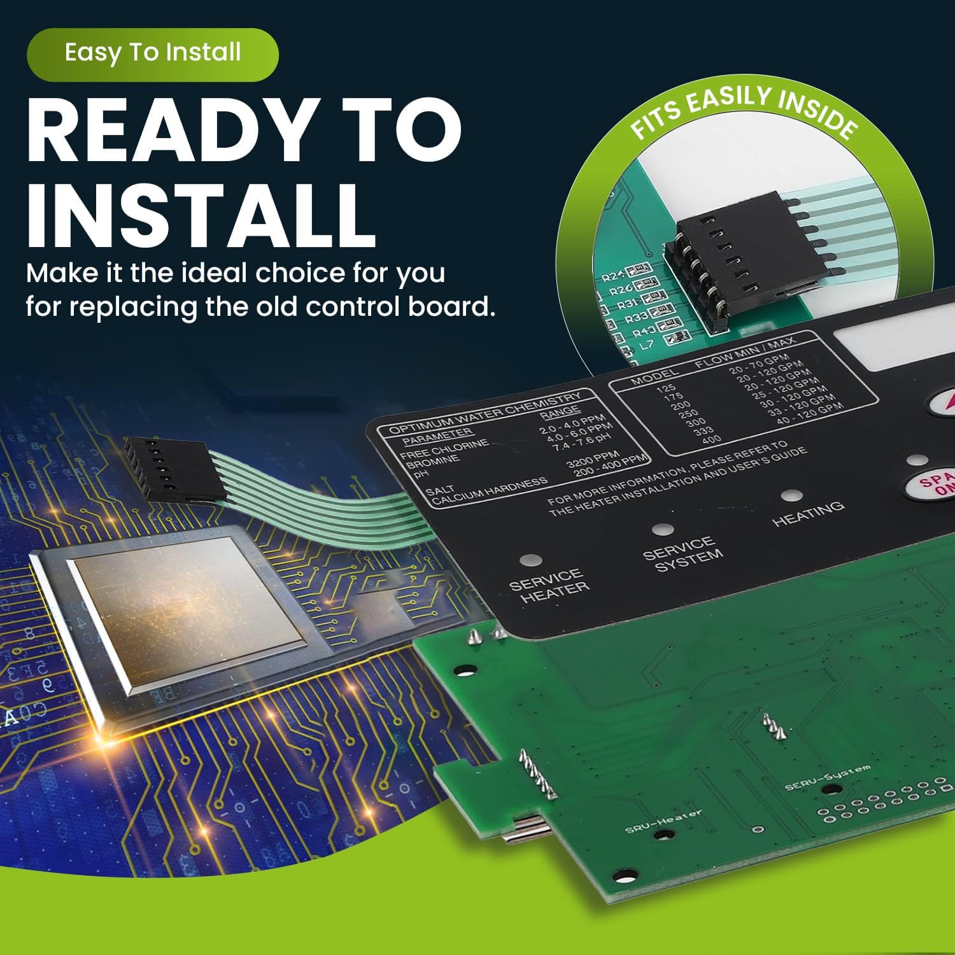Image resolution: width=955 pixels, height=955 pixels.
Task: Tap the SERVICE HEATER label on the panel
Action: coord(549,586)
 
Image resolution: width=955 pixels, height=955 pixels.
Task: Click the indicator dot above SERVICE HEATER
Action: coord(530,561)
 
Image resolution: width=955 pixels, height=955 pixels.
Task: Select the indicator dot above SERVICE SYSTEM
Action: coord(663,529)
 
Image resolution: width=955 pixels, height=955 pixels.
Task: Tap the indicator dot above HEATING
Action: coord(790,495)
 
